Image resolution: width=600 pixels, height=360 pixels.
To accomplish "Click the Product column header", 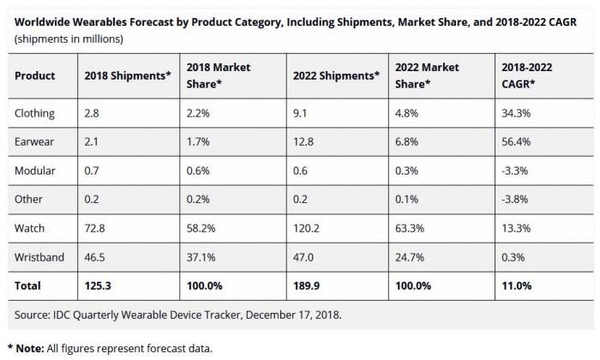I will click(x=36, y=75).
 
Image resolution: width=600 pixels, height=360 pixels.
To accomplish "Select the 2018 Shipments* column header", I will click(x=126, y=75).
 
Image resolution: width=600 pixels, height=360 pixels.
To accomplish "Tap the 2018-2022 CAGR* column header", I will click(x=526, y=75).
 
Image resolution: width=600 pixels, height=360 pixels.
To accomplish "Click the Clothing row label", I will click(x=34, y=112).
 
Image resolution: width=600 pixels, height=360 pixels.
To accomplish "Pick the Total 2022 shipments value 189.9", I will click(x=305, y=285).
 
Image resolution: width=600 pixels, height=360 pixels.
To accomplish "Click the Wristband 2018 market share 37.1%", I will click(x=201, y=256).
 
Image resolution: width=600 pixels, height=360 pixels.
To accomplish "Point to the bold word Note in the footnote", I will click(x=31, y=348).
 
